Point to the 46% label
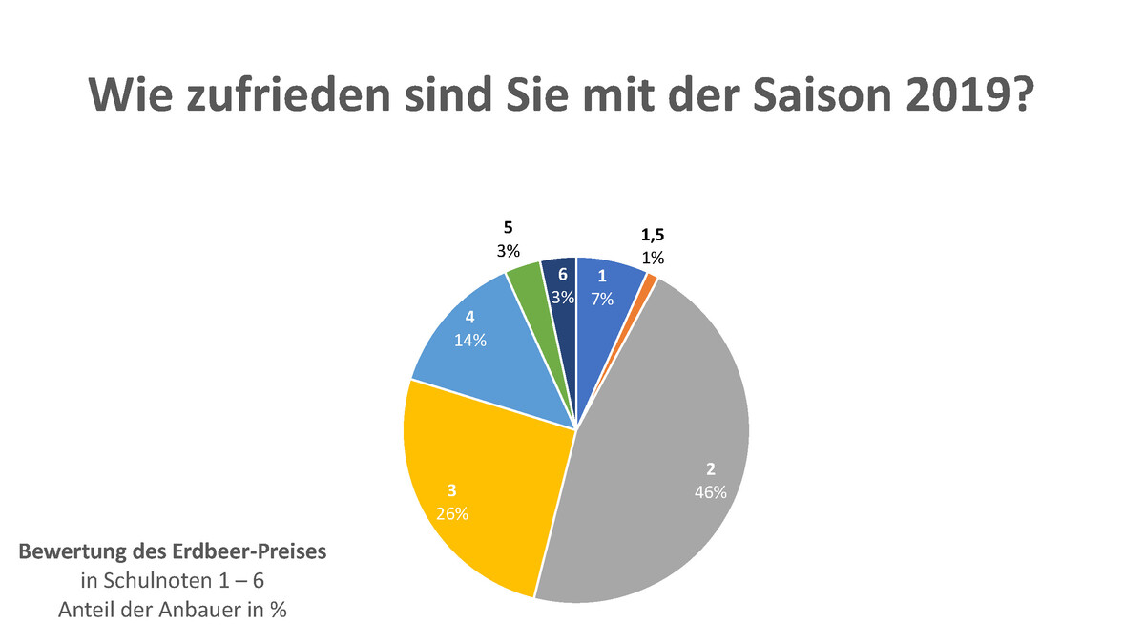click(710, 493)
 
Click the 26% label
click(451, 514)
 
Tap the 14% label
click(469, 340)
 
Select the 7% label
click(602, 299)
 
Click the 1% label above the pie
click(654, 258)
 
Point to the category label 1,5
click(654, 236)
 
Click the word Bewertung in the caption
click(65, 552)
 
